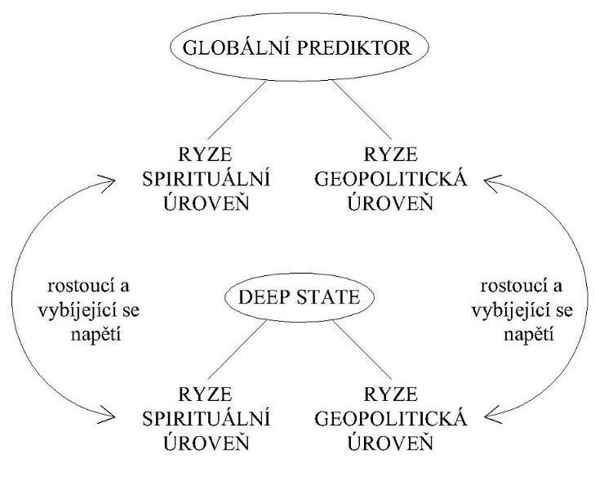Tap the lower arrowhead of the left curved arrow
(x=107, y=418)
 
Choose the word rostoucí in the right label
(x=508, y=287)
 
